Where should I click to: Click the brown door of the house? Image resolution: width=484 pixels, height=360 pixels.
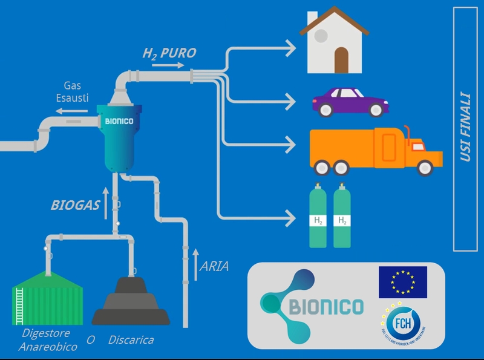coord(342,60)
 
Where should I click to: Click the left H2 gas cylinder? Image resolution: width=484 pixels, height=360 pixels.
coord(318,216)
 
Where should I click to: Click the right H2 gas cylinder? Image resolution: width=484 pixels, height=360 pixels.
coord(342,216)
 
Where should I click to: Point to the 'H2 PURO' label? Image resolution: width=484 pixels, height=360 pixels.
coord(169,53)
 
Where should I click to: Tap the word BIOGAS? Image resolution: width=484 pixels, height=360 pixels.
coord(76,205)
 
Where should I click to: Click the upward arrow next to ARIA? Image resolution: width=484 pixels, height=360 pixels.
coord(195,264)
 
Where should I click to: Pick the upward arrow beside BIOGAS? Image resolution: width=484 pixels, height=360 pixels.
coord(106,203)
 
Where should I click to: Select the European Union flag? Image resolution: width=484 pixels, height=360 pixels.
coord(402,282)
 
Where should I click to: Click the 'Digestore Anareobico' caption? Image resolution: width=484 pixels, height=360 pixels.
coord(48,340)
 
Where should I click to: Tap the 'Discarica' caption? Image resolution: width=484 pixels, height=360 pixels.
coord(131,340)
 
